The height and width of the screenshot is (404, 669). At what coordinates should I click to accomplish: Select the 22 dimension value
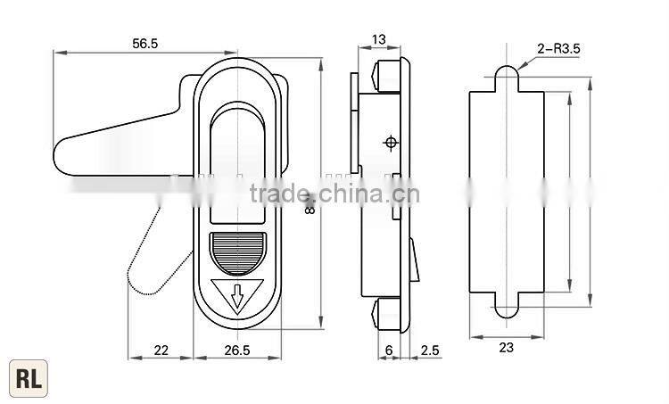(161, 350)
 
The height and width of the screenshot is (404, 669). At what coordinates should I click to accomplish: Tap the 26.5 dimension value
(236, 350)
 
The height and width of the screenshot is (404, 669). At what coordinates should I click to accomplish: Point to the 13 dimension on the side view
(378, 38)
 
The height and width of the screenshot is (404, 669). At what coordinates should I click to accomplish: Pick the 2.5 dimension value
(429, 350)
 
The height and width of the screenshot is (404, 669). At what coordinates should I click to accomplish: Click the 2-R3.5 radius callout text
(559, 51)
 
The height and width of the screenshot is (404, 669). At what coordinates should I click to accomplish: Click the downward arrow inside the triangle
(237, 295)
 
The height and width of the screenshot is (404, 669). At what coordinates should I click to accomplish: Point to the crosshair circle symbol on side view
(390, 143)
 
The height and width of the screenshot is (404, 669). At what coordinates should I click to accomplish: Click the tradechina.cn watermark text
(331, 194)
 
